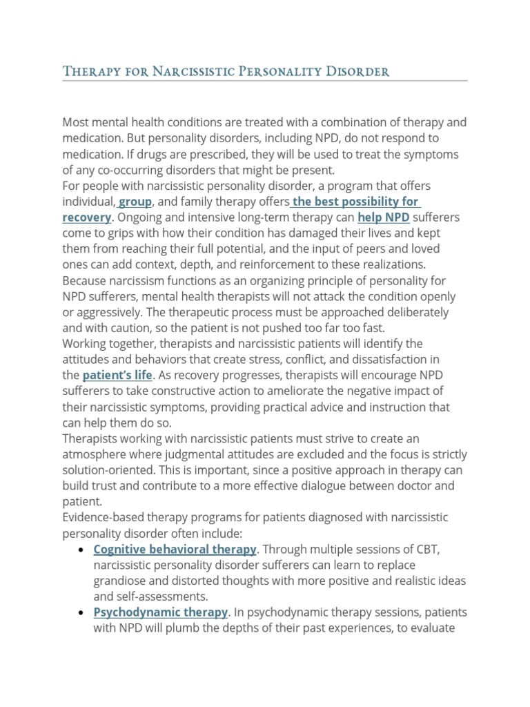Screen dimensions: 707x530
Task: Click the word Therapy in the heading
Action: pyautogui.click(x=86, y=71)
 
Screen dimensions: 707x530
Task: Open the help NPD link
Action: pyautogui.click(x=384, y=217)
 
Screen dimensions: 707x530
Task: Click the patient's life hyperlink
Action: pyautogui.click(x=117, y=376)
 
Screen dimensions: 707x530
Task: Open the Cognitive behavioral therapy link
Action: pyautogui.click(x=175, y=550)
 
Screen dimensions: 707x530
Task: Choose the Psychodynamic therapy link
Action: pyautogui.click(x=161, y=612)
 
